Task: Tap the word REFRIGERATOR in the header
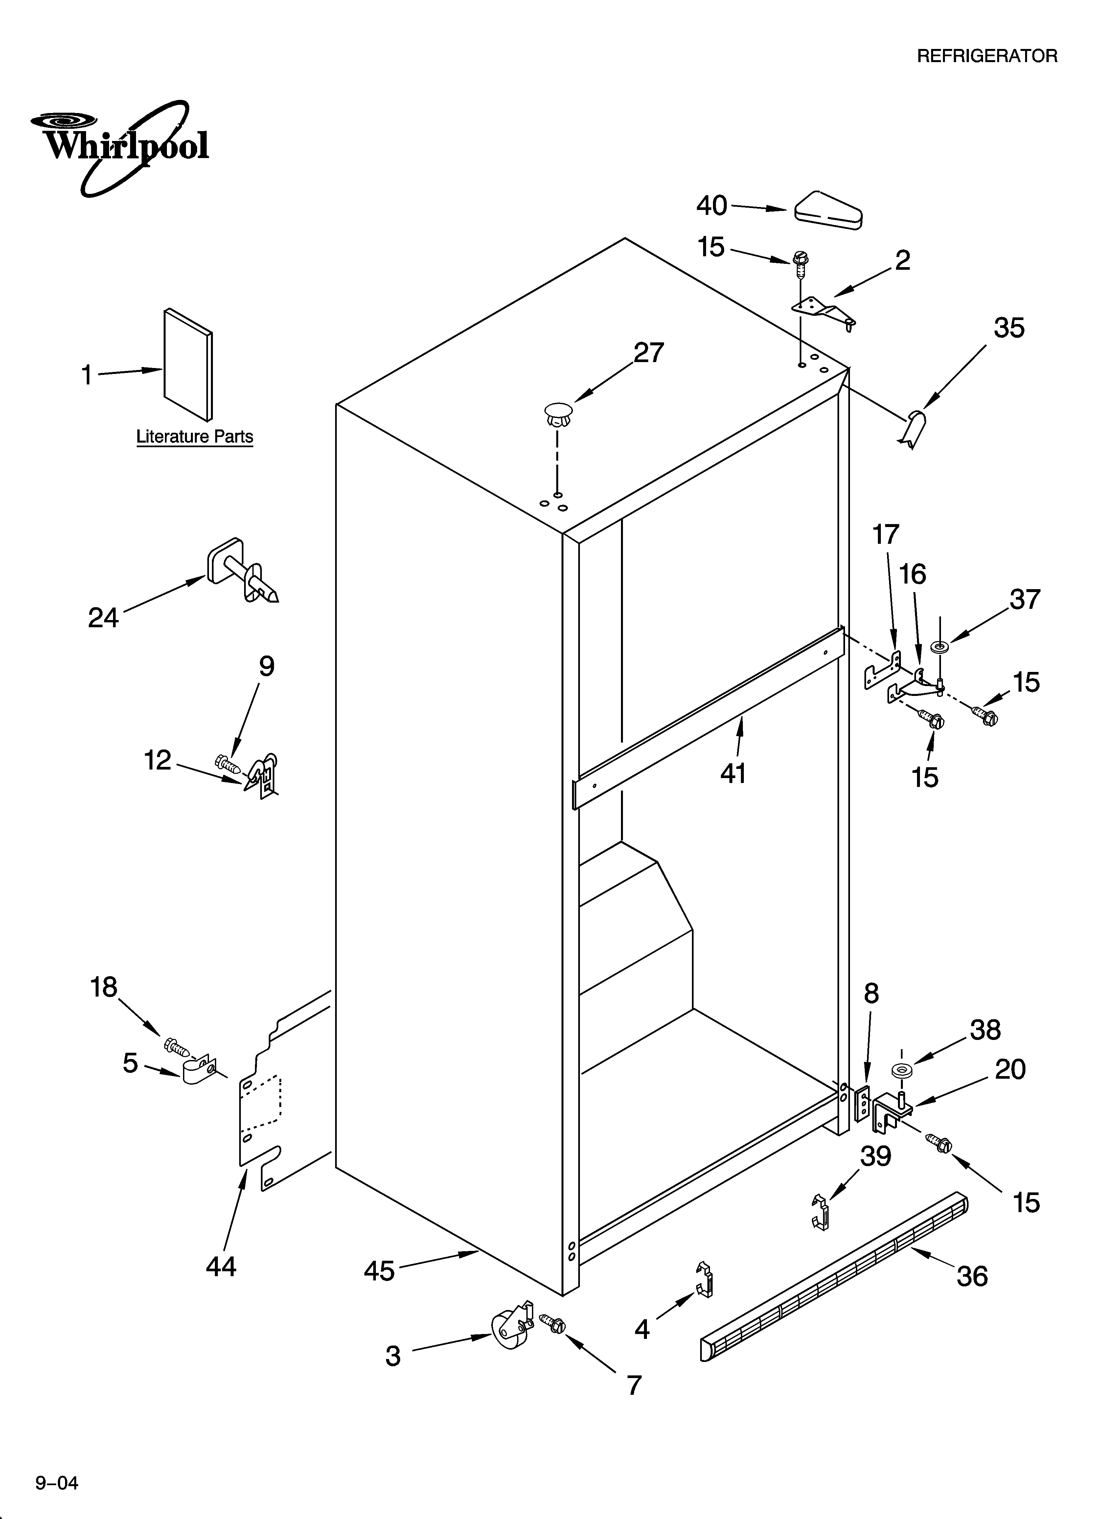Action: point(987,56)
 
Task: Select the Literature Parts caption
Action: point(194,437)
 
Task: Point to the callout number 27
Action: point(649,353)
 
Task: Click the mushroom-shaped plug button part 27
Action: point(558,414)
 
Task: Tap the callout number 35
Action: point(1008,328)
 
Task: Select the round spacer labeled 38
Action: point(902,1070)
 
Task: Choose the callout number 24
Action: point(104,617)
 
